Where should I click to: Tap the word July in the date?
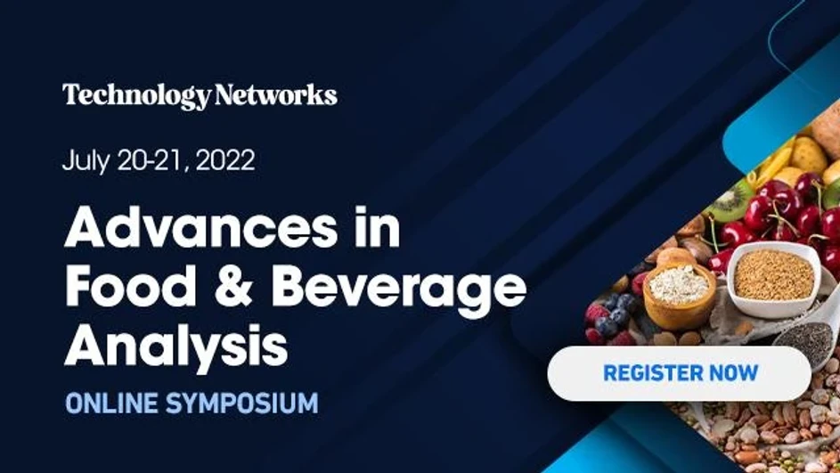point(84,161)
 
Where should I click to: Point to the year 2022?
point(224,161)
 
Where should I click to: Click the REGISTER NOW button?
point(680,372)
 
